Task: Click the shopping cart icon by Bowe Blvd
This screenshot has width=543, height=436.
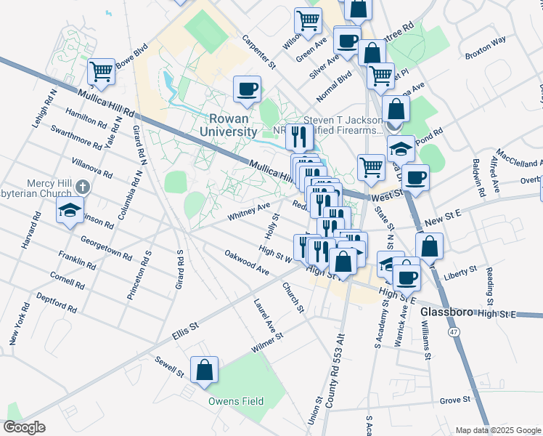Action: pyautogui.click(x=101, y=71)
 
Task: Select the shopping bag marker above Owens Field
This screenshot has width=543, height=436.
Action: pyautogui.click(x=204, y=369)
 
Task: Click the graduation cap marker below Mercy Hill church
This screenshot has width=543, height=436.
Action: pyautogui.click(x=69, y=211)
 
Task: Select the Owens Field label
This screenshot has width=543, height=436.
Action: pyautogui.click(x=235, y=401)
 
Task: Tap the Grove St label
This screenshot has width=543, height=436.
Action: pyautogui.click(x=455, y=400)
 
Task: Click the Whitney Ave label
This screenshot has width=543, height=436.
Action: pyautogui.click(x=248, y=210)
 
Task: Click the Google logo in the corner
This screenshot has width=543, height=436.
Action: pyautogui.click(x=25, y=427)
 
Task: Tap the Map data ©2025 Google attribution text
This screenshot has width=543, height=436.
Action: pyautogui.click(x=498, y=430)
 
